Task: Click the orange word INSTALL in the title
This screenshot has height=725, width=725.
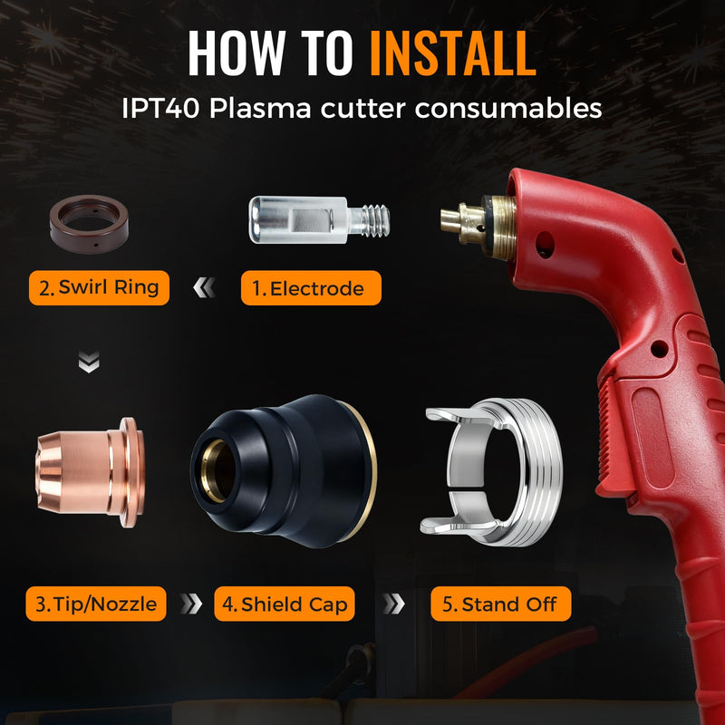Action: pos(453,53)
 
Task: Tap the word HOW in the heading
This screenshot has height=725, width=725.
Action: pos(237,53)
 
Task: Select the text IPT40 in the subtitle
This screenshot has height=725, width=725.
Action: pos(160,108)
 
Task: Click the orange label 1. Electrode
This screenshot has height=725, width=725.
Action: pos(311,288)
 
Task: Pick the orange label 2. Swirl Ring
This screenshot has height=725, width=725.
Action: pos(99,287)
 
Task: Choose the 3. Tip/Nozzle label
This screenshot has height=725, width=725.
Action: pos(96,604)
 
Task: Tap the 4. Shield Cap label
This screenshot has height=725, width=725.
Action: pos(285,604)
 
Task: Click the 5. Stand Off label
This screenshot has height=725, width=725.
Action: pos(501,604)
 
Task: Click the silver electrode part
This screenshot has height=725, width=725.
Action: pos(319,220)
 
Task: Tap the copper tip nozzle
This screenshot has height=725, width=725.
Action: pos(91,472)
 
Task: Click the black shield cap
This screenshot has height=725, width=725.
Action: pos(284,471)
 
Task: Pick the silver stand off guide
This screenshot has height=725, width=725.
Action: pos(532,471)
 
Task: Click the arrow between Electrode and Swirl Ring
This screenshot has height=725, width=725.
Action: pos(205,287)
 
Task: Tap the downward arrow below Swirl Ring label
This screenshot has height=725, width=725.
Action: pos(89,362)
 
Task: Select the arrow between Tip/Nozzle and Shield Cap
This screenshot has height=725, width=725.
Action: pos(191,604)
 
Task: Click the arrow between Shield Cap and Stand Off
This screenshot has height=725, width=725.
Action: pos(393,604)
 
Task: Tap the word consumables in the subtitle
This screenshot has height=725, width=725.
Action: pos(508,108)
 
